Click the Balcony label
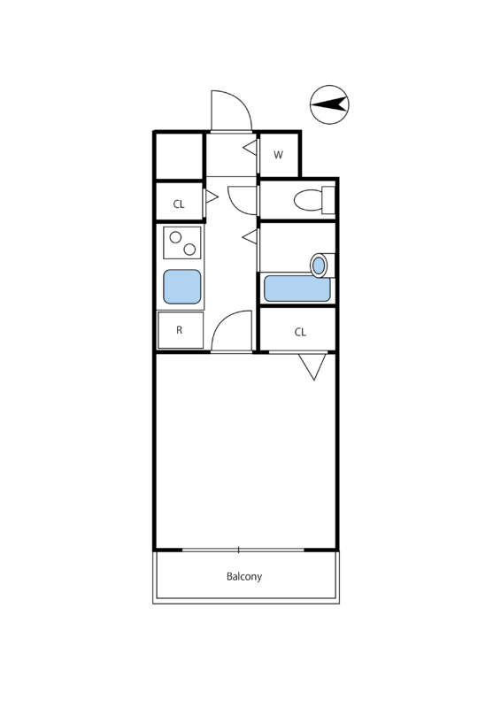[x=244, y=577]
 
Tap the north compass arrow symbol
[x=329, y=104]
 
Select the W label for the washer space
[x=278, y=155]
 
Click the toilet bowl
[x=309, y=200]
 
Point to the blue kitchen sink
[x=182, y=287]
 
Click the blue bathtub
[x=297, y=289]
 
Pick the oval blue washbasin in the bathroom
[x=319, y=265]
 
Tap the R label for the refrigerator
[x=180, y=330]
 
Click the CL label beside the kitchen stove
[x=179, y=204]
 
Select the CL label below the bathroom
[x=300, y=333]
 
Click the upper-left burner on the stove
[x=175, y=237]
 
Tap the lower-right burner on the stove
[x=189, y=249]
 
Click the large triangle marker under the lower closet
[x=312, y=366]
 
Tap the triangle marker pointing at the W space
[x=250, y=147]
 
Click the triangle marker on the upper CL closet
[x=212, y=196]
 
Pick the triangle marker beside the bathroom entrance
[x=250, y=236]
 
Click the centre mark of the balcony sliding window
[x=238, y=550]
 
